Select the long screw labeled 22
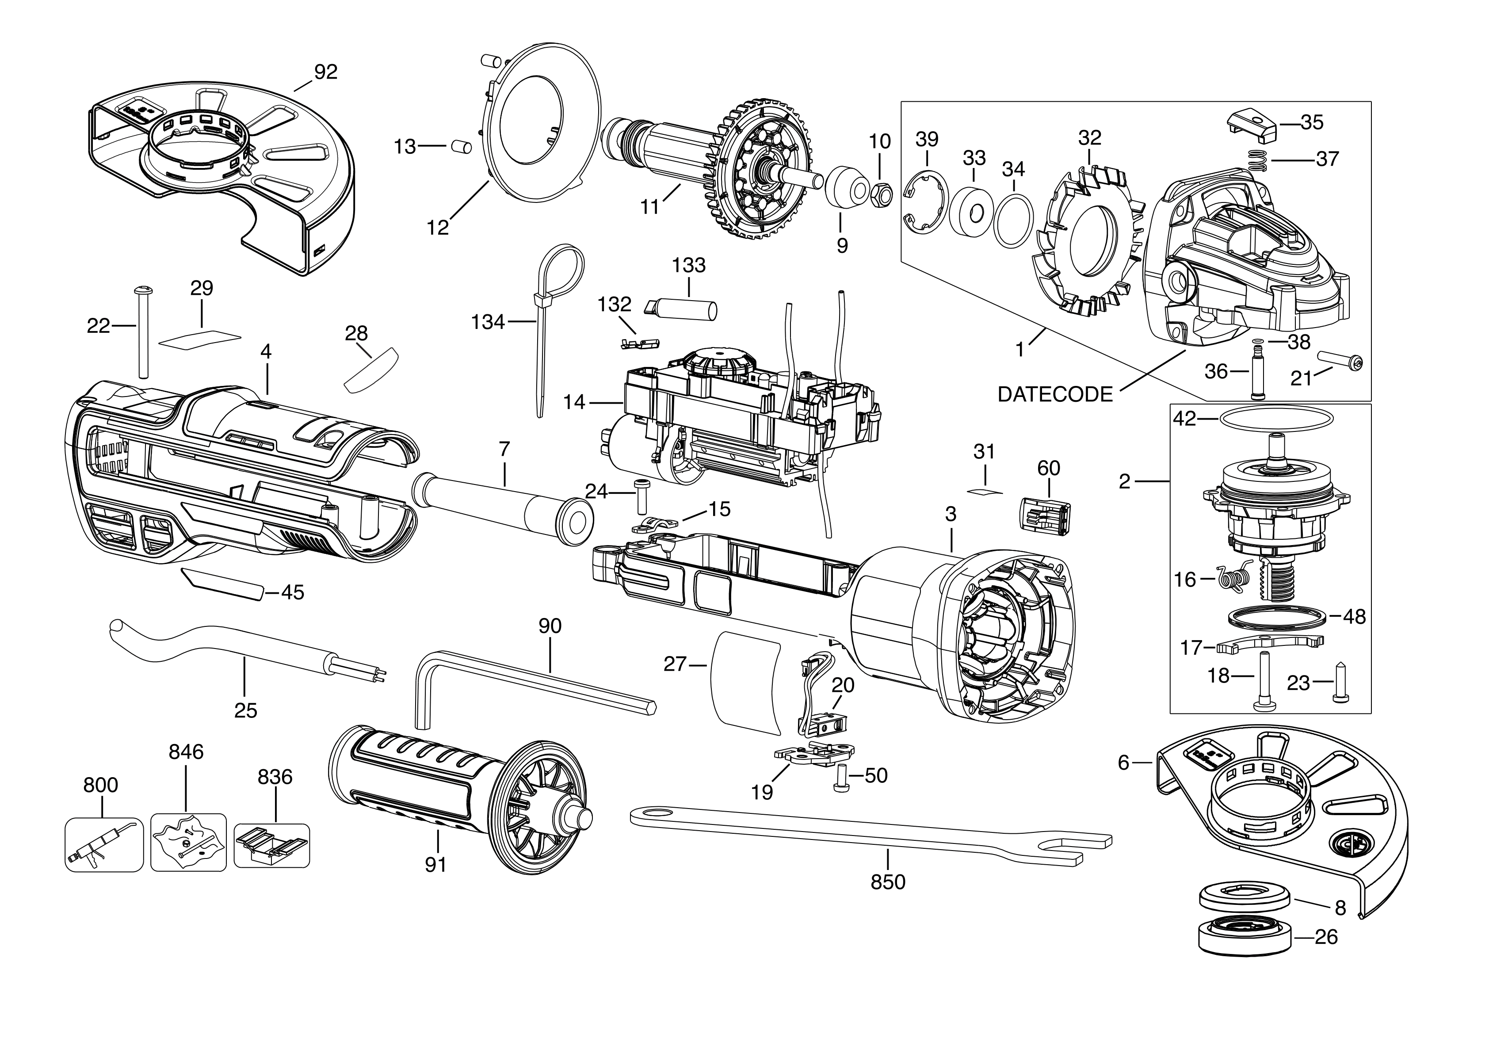pos(142,331)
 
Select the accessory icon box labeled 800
pos(104,845)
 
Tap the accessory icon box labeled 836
pos(272,845)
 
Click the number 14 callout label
pos(574,403)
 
